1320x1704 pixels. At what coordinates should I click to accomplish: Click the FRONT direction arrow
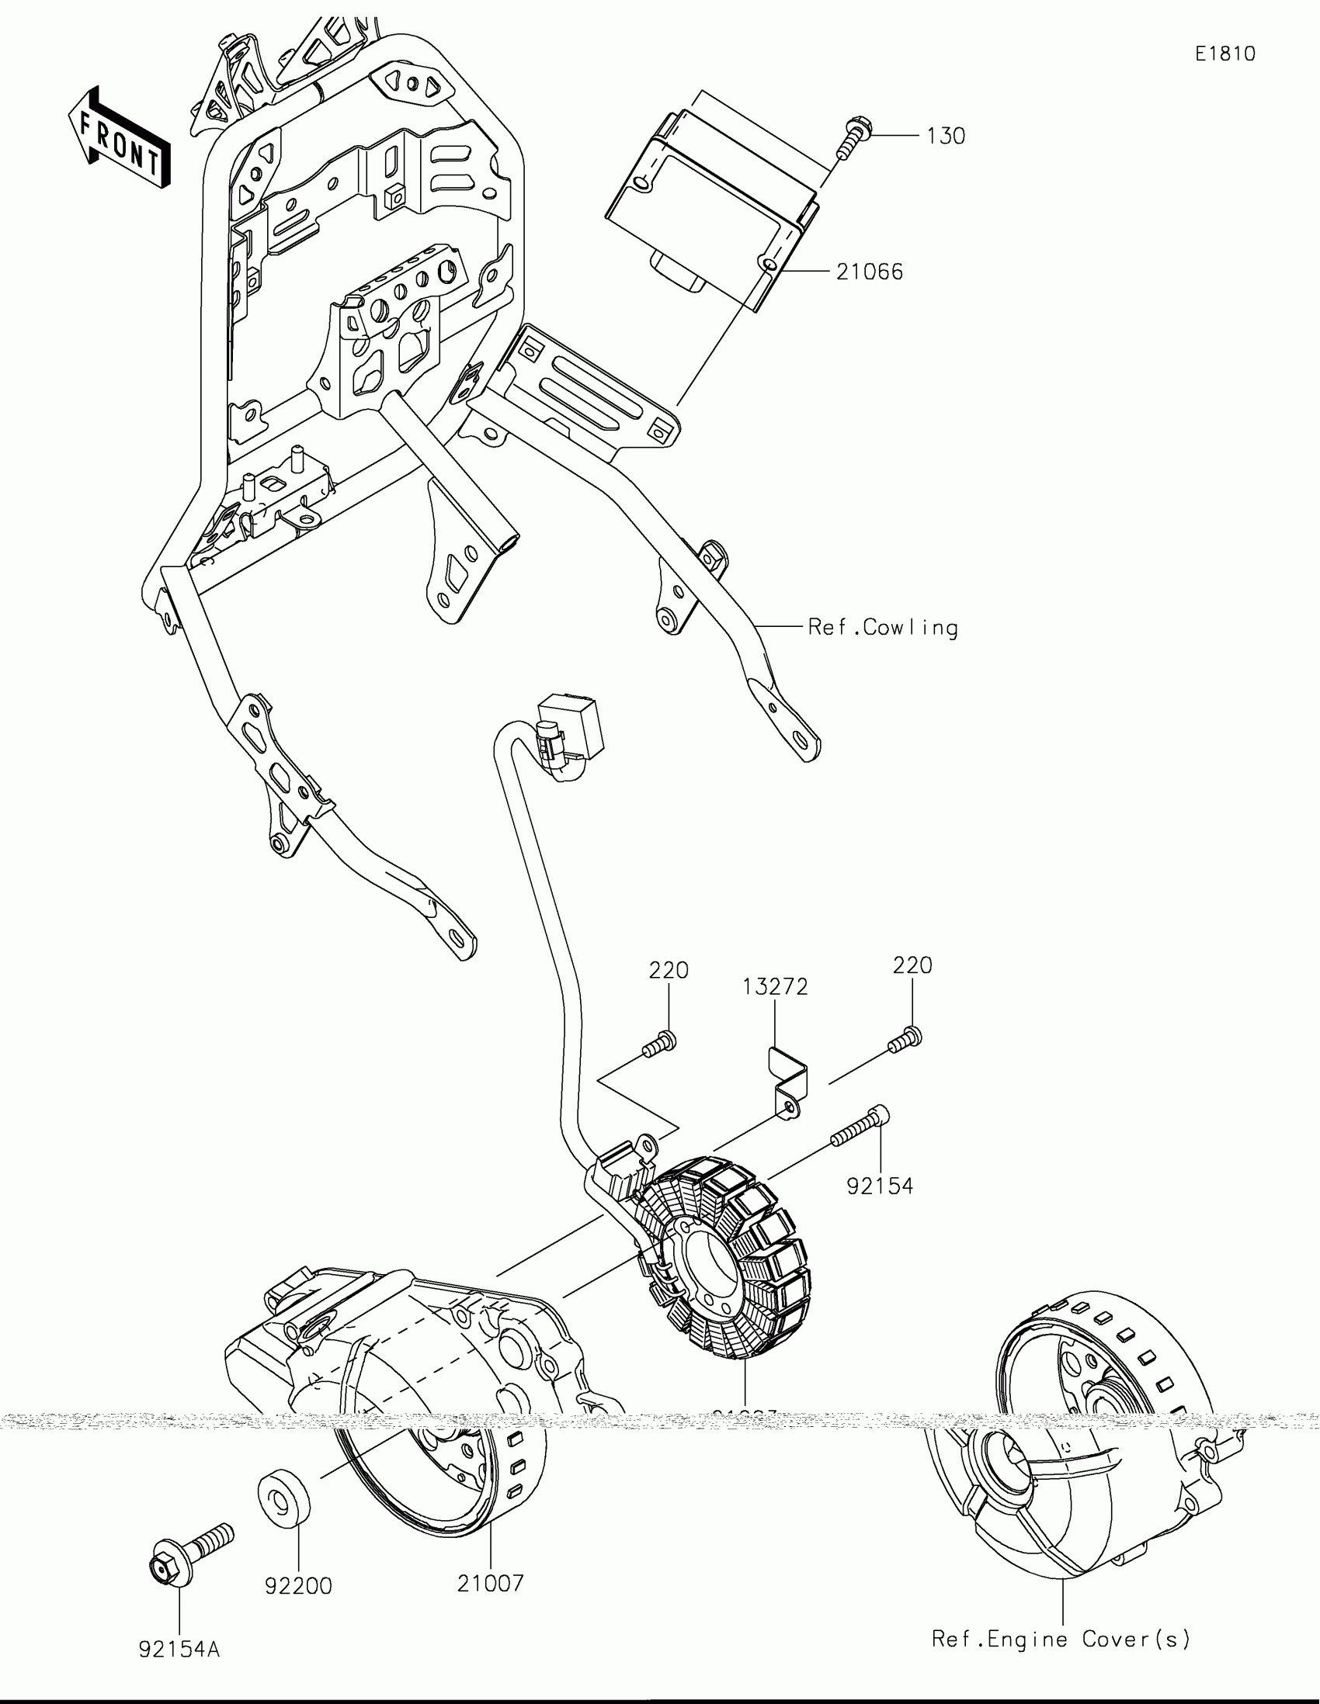[x=119, y=139]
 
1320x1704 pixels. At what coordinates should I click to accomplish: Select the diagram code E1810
[x=1224, y=54]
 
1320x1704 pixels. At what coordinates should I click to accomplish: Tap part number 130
[x=946, y=137]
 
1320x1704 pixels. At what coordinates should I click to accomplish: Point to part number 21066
[x=870, y=272]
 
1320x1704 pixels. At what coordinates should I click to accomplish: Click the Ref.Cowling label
[x=883, y=628]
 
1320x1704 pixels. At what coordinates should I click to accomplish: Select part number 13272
[x=774, y=987]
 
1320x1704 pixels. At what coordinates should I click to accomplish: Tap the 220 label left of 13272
[x=669, y=971]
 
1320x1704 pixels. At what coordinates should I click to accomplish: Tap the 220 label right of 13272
[x=912, y=966]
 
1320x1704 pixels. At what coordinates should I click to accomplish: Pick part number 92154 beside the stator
[x=880, y=1186]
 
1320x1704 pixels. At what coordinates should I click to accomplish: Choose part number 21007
[x=490, y=1584]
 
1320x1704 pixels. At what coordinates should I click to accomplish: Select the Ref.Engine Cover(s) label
[x=1061, y=1640]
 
